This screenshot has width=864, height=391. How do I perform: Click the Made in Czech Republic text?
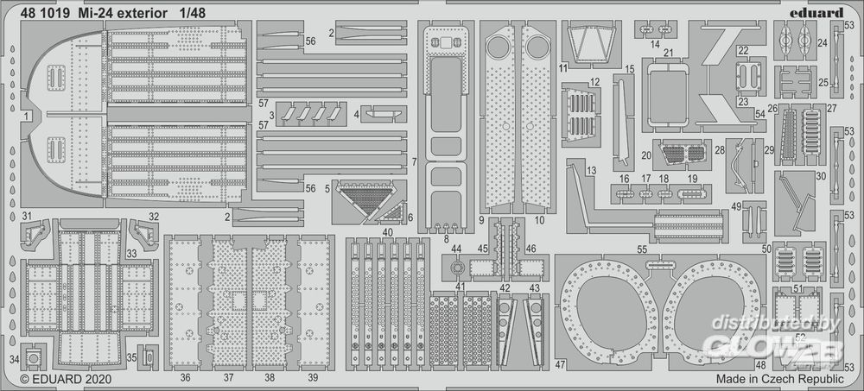click(779, 378)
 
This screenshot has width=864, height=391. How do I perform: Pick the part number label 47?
click(560, 364)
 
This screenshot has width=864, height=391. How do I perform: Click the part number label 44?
click(456, 249)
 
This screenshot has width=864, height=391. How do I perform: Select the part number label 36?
click(186, 378)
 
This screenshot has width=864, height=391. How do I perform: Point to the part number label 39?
click(313, 378)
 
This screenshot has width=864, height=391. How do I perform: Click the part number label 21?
click(668, 52)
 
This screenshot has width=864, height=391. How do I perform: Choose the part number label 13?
click(591, 171)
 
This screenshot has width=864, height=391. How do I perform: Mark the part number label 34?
click(13, 358)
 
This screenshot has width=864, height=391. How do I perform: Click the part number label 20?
click(645, 155)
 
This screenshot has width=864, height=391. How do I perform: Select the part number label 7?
click(414, 161)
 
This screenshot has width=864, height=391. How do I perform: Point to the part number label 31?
click(27, 216)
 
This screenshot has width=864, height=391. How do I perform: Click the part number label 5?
click(327, 187)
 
